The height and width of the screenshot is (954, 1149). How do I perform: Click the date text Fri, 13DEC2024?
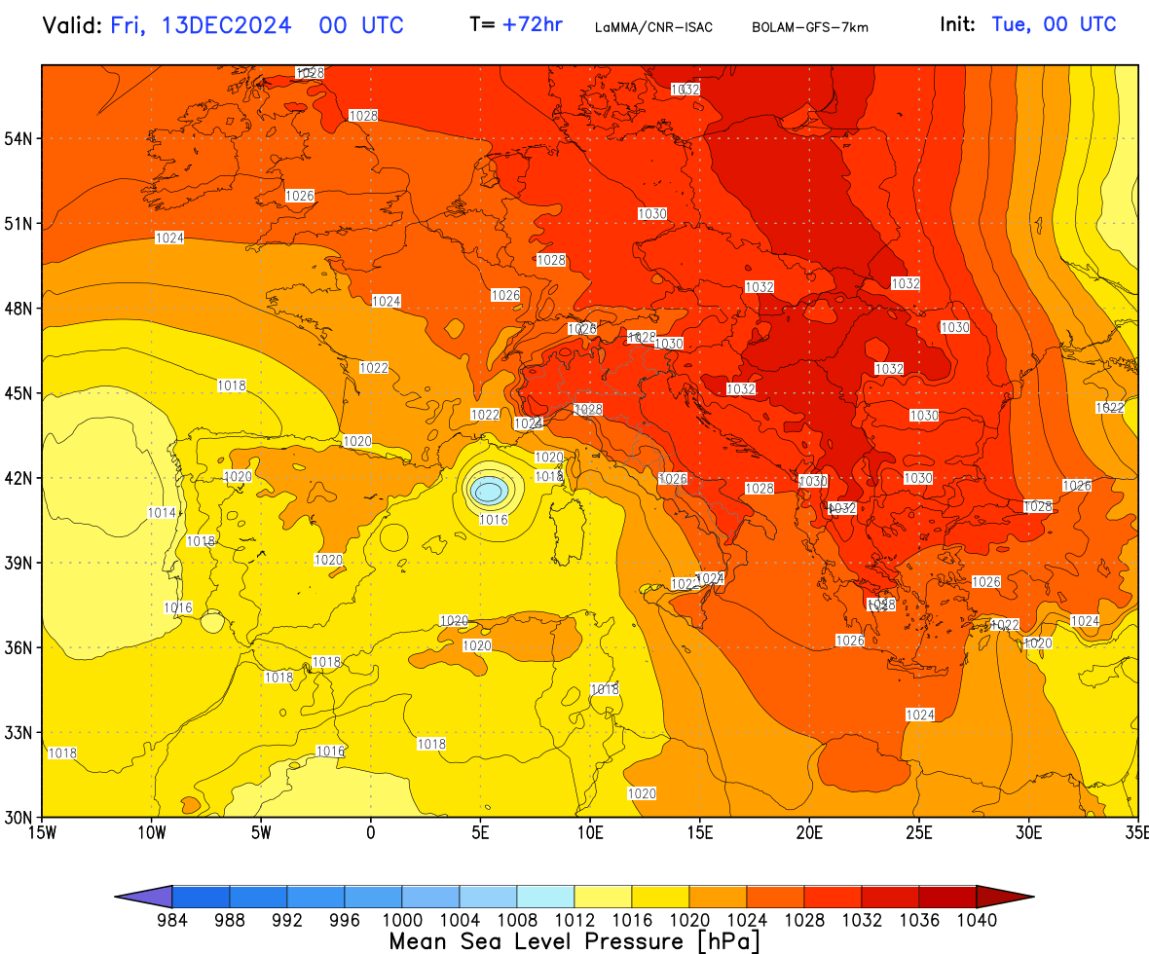click(201, 25)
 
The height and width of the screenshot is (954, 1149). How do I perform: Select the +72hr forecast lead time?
click(532, 25)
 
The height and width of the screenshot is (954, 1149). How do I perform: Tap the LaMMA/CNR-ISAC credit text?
click(653, 27)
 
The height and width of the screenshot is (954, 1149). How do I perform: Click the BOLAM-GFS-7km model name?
click(809, 27)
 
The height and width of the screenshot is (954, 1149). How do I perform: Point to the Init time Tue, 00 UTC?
click(1054, 25)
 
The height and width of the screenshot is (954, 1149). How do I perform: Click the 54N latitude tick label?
click(20, 138)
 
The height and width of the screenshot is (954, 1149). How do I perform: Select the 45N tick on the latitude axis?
click(20, 393)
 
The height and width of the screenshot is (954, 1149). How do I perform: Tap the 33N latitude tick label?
click(20, 732)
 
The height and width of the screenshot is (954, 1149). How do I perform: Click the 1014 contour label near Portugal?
click(163, 513)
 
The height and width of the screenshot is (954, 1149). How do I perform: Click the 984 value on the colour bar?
click(171, 920)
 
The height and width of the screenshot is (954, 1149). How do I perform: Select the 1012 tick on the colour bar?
click(574, 920)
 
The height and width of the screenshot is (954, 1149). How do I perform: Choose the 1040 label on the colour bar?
click(977, 920)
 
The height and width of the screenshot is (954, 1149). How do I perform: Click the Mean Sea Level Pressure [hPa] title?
click(574, 941)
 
